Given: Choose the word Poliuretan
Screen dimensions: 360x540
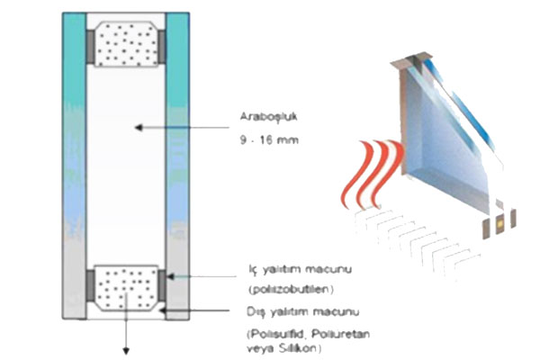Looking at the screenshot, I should [335, 334].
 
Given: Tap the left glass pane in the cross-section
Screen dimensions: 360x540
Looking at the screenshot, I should [76, 162].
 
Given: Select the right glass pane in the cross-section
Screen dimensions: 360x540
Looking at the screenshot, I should [177, 162].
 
